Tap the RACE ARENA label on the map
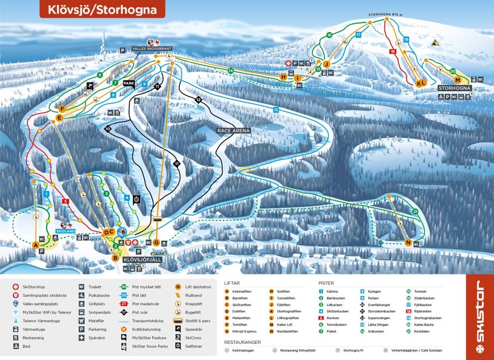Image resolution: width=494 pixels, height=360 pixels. (x=234, y=131)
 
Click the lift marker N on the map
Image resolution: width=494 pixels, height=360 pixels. (x=408, y=242)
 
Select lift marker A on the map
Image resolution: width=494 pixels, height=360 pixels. (x=36, y=245)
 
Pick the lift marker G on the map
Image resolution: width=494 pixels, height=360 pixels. (x=156, y=242)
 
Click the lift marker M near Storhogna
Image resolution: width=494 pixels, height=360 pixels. (x=457, y=80)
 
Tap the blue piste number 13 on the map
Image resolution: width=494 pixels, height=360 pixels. (x=276, y=109)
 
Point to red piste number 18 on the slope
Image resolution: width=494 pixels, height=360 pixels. (x=393, y=52)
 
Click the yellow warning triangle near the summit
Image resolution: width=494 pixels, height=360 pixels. (x=435, y=42)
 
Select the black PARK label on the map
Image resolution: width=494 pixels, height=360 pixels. (x=129, y=83)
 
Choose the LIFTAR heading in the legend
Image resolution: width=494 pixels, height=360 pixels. (x=232, y=282)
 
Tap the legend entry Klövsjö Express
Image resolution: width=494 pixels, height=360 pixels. (x=245, y=331)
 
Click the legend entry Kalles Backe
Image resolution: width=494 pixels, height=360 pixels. (x=424, y=323)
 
